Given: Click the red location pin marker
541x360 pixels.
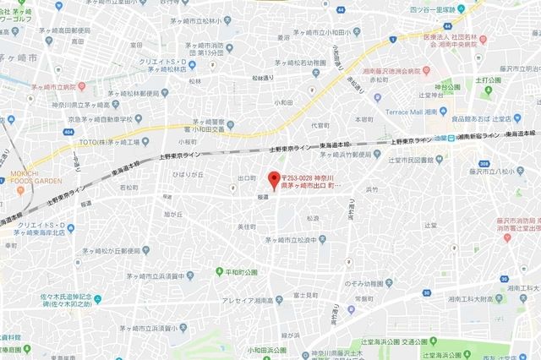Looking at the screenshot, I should [272, 180].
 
